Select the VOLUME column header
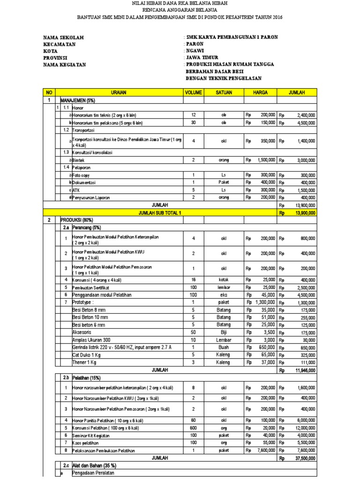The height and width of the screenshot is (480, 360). click(193, 93)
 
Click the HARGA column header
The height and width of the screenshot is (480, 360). click(261, 93)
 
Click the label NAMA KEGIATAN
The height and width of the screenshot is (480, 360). click(65, 65)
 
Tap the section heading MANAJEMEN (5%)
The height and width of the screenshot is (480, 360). click(78, 100)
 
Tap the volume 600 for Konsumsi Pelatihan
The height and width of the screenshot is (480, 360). click(193, 428)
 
